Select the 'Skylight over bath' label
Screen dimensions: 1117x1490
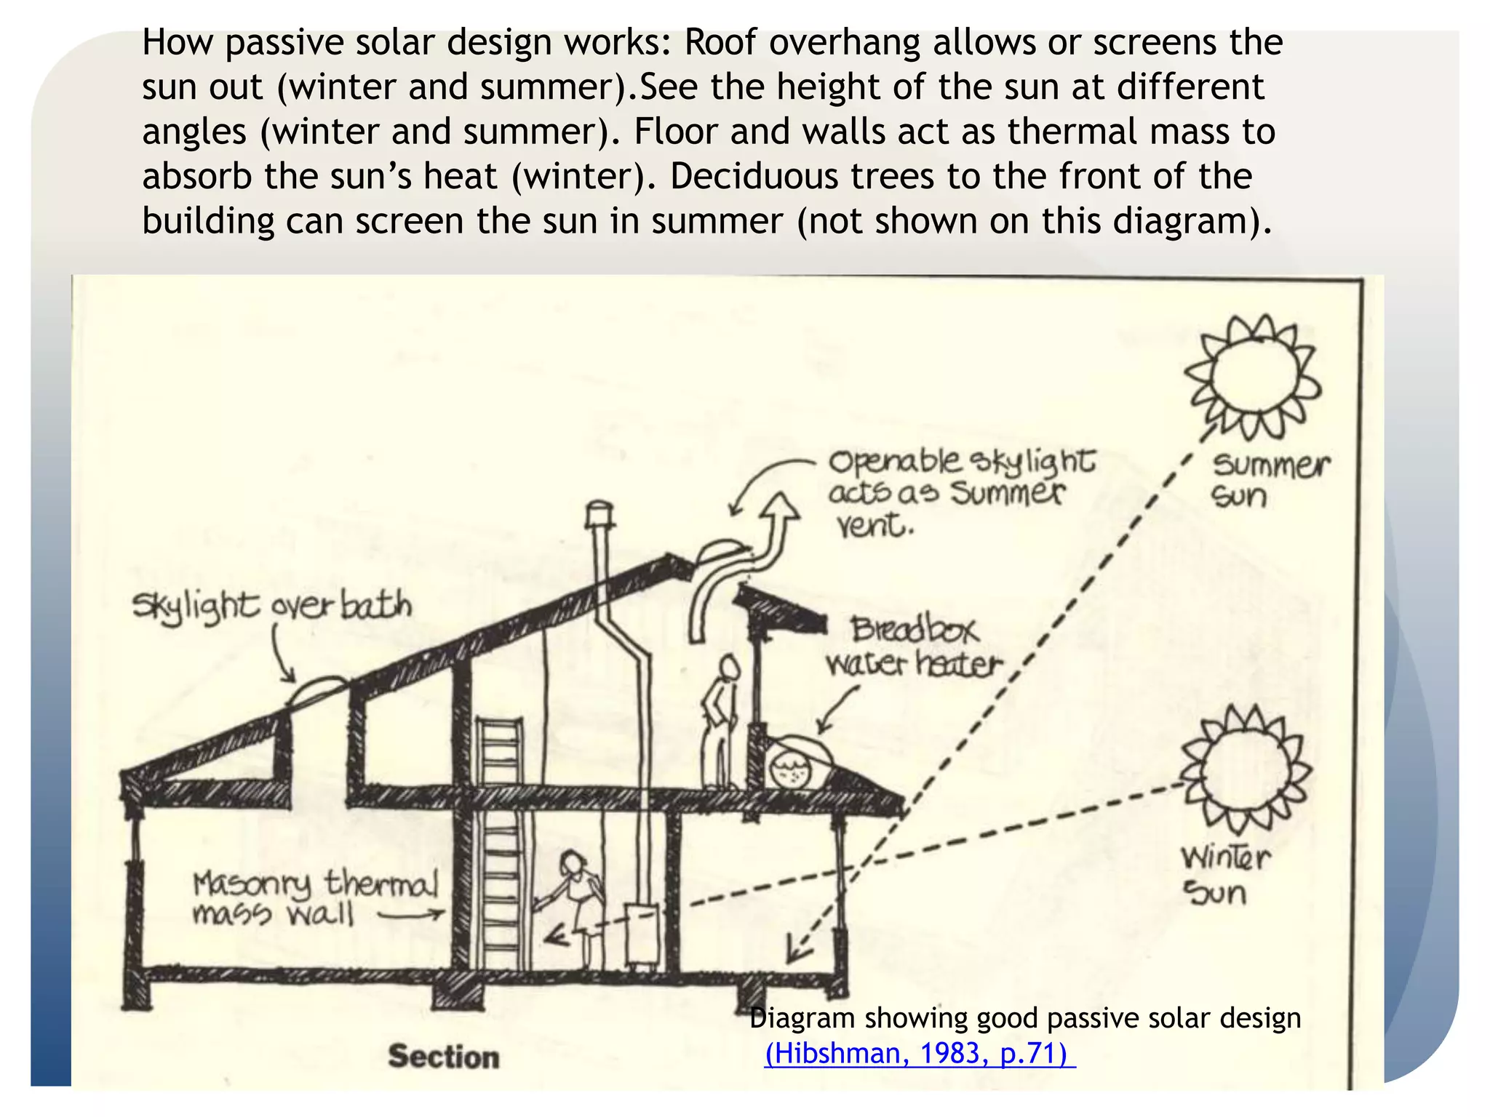coord(271,606)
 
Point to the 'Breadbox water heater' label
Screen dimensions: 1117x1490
coord(914,646)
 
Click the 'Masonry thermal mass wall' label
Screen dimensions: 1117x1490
coord(314,897)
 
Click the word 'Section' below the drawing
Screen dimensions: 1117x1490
coord(444,1056)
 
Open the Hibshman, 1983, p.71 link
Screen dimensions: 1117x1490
coord(918,1053)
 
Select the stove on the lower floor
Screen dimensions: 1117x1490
coord(642,935)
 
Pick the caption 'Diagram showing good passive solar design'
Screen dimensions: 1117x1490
coord(1024,1018)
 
